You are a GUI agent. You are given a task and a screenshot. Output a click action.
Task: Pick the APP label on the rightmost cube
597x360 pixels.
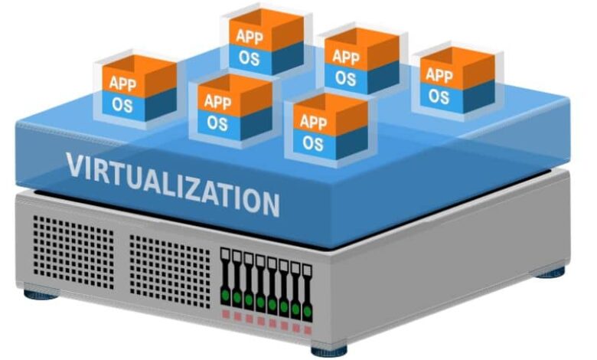tap(439, 75)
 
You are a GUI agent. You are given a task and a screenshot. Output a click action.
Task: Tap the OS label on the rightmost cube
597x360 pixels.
tap(439, 97)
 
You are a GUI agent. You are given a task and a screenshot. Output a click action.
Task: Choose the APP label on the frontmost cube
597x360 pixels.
tap(313, 121)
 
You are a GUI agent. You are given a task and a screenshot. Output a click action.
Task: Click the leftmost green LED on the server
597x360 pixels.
tap(226, 294)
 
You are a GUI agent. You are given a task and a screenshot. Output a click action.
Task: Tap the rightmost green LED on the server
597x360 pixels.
tap(307, 309)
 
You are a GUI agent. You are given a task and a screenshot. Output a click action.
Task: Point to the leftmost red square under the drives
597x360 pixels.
tap(226, 314)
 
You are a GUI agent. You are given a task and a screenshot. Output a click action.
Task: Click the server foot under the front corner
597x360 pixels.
tap(329, 351)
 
